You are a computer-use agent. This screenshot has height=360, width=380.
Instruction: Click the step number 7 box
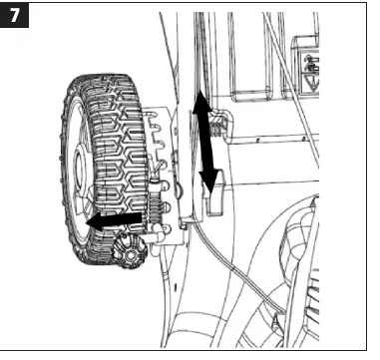[17, 19]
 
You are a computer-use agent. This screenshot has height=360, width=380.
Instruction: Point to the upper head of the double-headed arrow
[200, 100]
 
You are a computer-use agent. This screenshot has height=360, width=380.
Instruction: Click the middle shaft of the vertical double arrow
[204, 142]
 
